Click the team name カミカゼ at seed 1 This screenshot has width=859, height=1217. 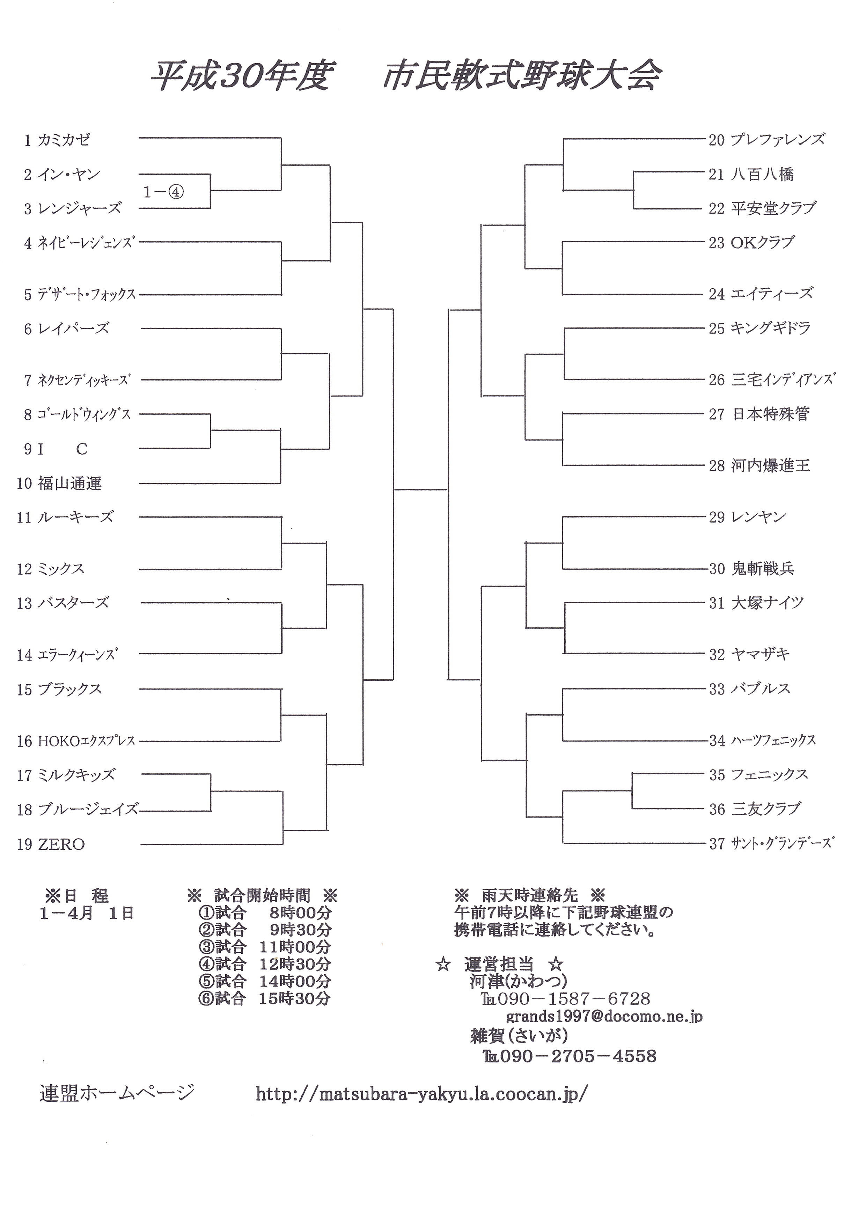pos(64,140)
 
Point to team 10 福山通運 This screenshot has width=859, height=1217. pos(59,484)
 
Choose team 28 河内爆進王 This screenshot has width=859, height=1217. pos(760,466)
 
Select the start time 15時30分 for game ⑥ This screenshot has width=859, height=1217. pos(295,998)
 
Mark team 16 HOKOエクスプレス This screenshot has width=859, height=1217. pos(76,741)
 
